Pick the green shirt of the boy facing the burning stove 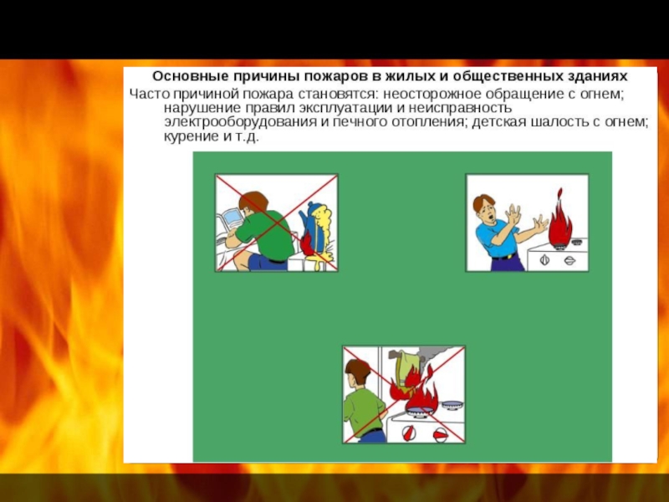362,412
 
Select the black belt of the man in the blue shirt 504,257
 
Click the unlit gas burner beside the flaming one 452,405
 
